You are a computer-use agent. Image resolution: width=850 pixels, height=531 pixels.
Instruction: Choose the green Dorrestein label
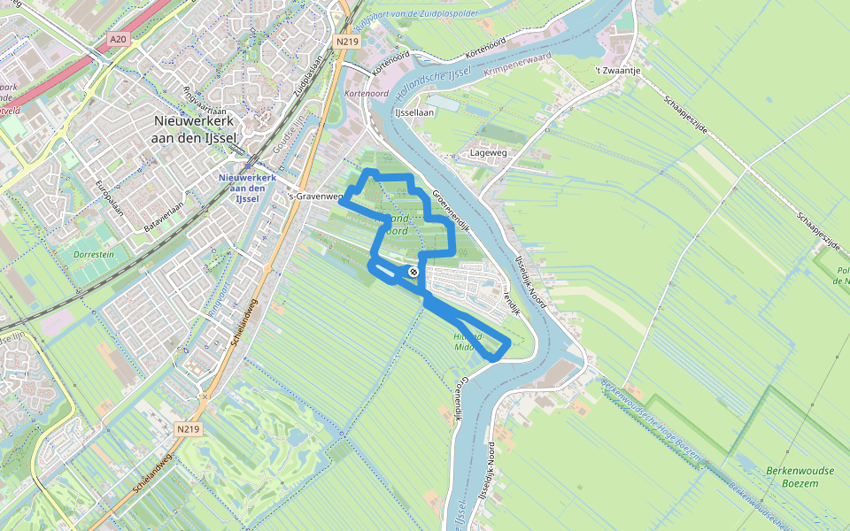[x=95, y=254]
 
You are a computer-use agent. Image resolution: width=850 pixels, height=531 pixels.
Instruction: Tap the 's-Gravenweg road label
[x=315, y=196]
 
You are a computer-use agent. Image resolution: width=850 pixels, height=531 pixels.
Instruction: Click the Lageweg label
[x=494, y=152]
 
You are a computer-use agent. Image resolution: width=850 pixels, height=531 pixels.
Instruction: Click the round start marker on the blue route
[x=413, y=271]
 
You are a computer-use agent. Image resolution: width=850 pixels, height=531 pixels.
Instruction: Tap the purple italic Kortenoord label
[x=366, y=93]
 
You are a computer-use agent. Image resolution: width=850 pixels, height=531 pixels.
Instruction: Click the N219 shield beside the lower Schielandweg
[x=187, y=428]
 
